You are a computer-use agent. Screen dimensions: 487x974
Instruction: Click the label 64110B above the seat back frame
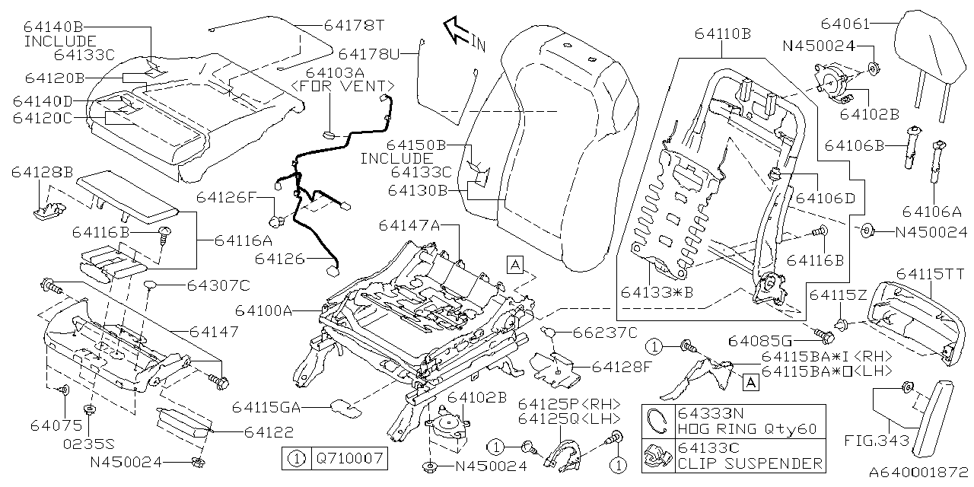[722, 33]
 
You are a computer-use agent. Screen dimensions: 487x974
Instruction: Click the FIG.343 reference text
[871, 441]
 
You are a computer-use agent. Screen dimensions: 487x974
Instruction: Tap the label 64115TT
[931, 273]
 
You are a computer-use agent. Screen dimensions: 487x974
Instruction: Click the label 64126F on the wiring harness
[226, 197]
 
